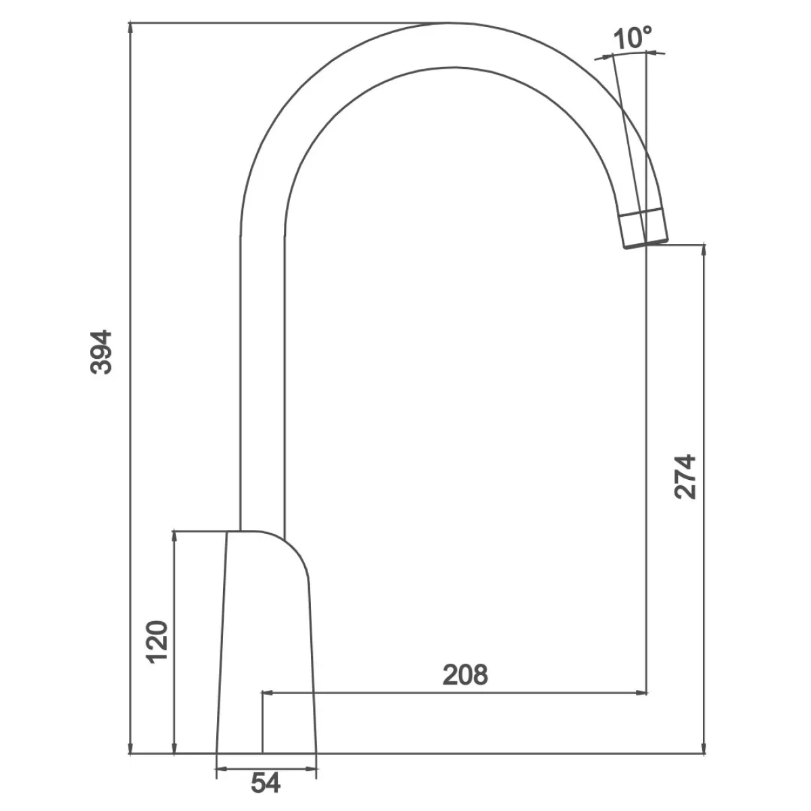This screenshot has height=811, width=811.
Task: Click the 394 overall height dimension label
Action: pyautogui.click(x=101, y=352)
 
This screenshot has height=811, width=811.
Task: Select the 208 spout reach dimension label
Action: pyautogui.click(x=465, y=674)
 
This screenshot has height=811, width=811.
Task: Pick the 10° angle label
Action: pyautogui.click(x=632, y=38)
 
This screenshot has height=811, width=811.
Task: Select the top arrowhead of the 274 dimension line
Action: pyautogui.click(x=704, y=251)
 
